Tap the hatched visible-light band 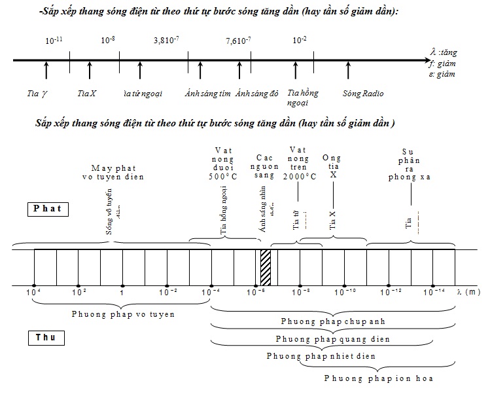(x=265, y=267)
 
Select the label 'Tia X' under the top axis (x=86, y=93)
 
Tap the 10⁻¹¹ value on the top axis (x=54, y=40)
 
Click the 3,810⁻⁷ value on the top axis (x=166, y=40)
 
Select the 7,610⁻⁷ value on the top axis (x=238, y=40)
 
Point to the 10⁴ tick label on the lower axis (x=33, y=291)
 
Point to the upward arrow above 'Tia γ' (x=46, y=70)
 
